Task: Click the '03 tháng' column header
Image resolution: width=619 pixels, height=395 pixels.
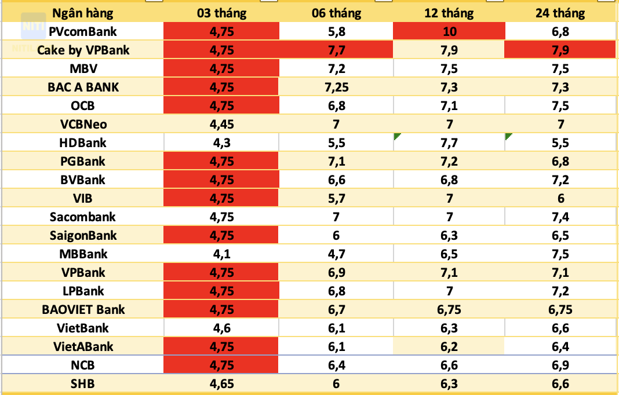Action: click(221, 13)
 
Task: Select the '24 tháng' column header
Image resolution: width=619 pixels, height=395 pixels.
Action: click(560, 13)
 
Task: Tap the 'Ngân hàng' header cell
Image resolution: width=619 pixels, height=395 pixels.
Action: click(83, 13)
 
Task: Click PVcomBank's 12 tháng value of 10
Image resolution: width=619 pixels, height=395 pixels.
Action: click(449, 31)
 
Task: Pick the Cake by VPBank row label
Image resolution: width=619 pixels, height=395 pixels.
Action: click(83, 50)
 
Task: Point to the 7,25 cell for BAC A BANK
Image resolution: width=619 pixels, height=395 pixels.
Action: click(336, 87)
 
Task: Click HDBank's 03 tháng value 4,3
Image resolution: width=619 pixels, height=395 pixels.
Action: click(221, 142)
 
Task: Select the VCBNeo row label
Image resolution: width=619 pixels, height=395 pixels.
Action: click(83, 124)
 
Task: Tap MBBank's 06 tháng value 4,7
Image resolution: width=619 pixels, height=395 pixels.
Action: click(336, 254)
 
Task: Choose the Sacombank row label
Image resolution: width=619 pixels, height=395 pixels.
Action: click(83, 217)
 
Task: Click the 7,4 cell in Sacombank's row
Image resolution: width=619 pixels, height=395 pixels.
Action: click(560, 217)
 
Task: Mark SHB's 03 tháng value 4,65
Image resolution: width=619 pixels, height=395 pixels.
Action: click(221, 383)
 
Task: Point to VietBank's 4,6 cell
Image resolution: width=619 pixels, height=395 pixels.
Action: click(221, 328)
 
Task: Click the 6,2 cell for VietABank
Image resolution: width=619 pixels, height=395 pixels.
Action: click(449, 346)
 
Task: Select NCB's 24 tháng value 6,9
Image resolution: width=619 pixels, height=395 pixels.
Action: click(560, 365)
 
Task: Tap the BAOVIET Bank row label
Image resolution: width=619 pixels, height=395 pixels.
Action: click(83, 309)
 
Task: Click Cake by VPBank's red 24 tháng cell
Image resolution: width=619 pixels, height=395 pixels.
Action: click(560, 50)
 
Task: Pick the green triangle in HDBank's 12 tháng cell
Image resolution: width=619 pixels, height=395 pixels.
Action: click(397, 136)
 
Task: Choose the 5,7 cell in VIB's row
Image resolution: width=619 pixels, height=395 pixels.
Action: click(336, 198)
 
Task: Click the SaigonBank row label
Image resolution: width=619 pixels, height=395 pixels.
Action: click(83, 235)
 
